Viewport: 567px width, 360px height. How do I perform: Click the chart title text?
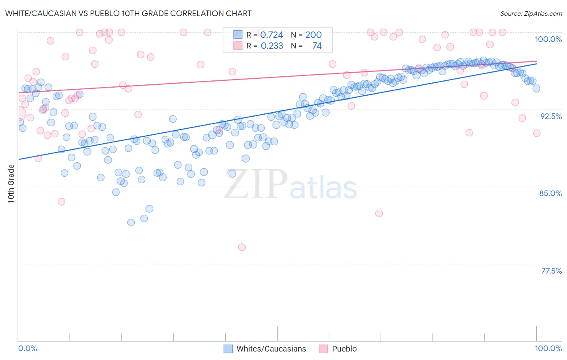(x=128, y=14)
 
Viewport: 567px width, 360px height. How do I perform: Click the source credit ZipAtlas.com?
(x=531, y=14)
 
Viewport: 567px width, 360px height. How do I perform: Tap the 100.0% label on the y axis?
(x=548, y=39)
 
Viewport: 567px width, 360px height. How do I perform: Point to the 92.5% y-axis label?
(x=551, y=116)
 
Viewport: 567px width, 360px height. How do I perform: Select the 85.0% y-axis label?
(x=550, y=193)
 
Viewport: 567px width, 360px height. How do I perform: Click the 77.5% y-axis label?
(x=551, y=271)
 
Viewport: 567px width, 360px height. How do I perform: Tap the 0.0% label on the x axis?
(x=27, y=348)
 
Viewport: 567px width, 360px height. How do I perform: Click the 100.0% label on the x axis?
(x=548, y=348)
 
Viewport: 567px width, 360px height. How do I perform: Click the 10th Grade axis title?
(x=11, y=184)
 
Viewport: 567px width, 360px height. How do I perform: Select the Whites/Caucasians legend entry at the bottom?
(x=271, y=349)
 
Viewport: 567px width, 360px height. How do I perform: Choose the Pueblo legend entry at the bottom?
(x=344, y=349)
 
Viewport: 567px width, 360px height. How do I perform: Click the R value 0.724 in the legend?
(x=271, y=35)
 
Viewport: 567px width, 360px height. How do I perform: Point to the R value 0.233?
(x=272, y=46)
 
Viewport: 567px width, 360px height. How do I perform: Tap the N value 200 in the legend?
(x=313, y=35)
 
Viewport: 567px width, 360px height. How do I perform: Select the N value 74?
(x=317, y=46)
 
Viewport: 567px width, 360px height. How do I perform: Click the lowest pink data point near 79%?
(x=242, y=247)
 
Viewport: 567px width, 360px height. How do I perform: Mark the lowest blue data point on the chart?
(x=131, y=222)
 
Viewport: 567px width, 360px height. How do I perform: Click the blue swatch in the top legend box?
(x=238, y=35)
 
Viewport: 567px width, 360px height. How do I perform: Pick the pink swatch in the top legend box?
(x=238, y=46)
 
